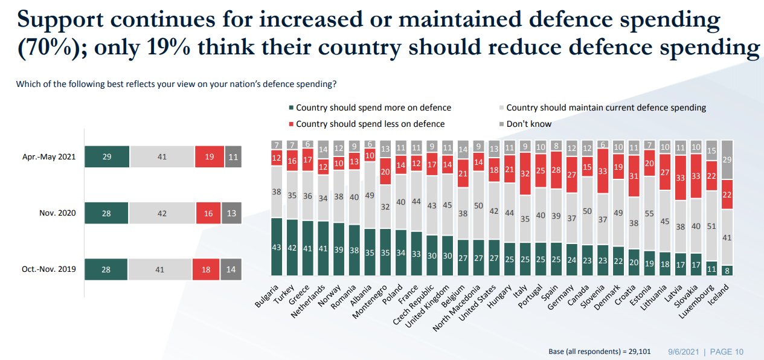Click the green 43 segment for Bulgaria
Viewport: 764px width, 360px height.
tap(277, 248)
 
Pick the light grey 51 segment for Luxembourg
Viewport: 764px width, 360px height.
tap(713, 227)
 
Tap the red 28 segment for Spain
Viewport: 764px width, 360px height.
tap(556, 169)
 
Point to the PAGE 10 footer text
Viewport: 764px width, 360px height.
tap(727, 352)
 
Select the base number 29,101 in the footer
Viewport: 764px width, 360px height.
tap(637, 352)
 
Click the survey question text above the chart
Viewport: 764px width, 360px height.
tap(176, 83)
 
